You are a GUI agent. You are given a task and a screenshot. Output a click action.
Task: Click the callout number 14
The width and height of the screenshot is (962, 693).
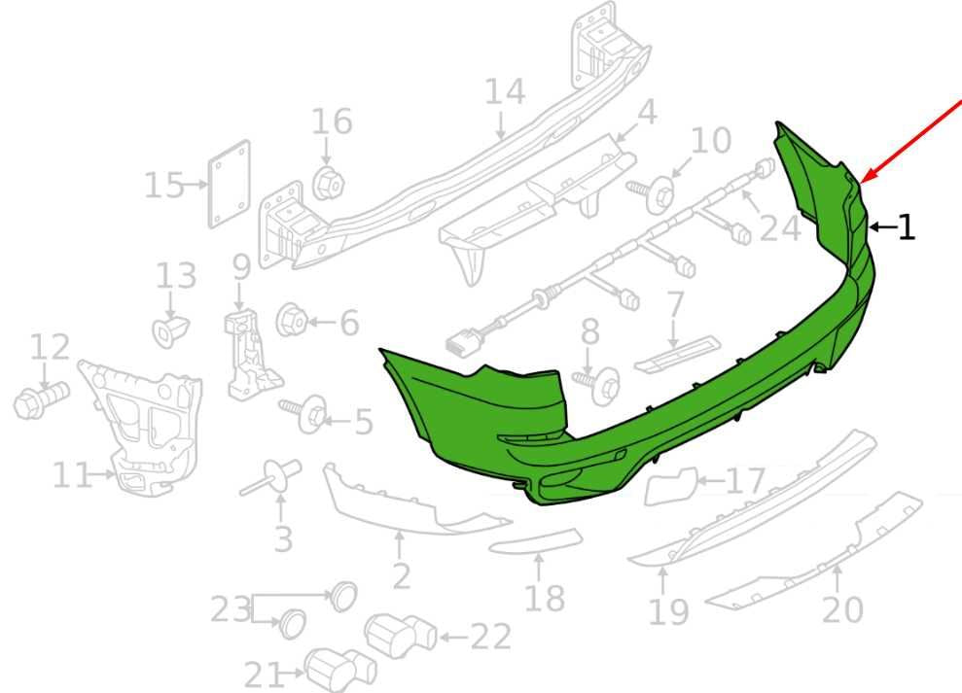[505, 91]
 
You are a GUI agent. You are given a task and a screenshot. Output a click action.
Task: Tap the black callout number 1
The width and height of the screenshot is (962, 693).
[907, 226]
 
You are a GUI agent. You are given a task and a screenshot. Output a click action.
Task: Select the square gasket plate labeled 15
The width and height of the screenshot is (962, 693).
[230, 184]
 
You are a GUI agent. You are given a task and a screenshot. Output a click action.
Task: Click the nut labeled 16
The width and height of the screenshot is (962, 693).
[328, 182]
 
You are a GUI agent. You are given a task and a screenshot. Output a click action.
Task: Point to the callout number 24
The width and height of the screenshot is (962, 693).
[780, 228]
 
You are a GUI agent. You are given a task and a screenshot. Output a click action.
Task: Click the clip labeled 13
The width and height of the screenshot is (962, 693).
[170, 330]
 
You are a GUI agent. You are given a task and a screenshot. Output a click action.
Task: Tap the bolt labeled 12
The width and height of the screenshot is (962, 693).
[41, 399]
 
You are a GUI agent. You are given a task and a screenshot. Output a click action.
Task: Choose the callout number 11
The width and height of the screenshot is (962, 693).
[72, 475]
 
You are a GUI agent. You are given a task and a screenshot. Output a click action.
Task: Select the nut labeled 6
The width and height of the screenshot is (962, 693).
[292, 320]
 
